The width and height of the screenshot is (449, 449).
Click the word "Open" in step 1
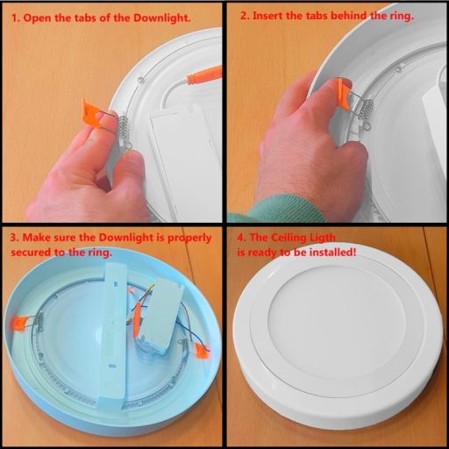[x=37, y=18]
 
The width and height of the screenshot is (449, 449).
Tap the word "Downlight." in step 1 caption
[x=162, y=18]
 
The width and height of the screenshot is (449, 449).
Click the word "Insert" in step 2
[x=267, y=16]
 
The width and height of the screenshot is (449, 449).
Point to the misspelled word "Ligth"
[x=320, y=238]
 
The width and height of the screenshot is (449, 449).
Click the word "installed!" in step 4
[x=333, y=252]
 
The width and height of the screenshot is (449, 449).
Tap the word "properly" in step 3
[x=189, y=239]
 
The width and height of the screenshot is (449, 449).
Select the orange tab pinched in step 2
[x=344, y=94]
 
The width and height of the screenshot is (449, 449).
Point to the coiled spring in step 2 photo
[x=366, y=110]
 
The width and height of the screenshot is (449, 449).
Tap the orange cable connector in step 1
[x=204, y=75]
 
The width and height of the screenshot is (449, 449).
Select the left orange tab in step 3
[x=20, y=321]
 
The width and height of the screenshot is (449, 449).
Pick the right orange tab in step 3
[x=203, y=351]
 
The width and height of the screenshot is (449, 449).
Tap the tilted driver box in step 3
[x=160, y=316]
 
